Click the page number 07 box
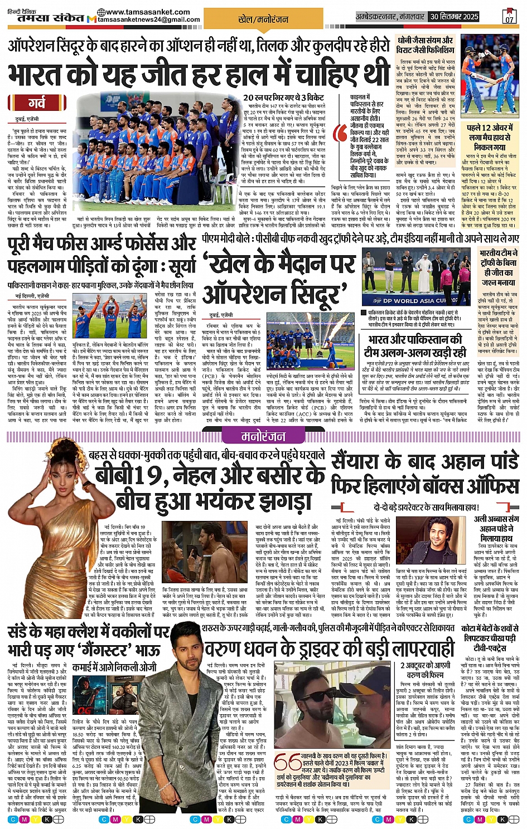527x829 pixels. click(x=509, y=17)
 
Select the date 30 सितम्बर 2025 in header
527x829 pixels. click(x=454, y=17)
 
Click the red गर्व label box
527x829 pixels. click(x=37, y=103)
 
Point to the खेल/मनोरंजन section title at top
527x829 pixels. click(x=255, y=19)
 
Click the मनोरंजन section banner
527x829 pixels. click(x=263, y=436)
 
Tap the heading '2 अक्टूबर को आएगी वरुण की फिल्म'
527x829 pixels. click(x=426, y=670)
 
